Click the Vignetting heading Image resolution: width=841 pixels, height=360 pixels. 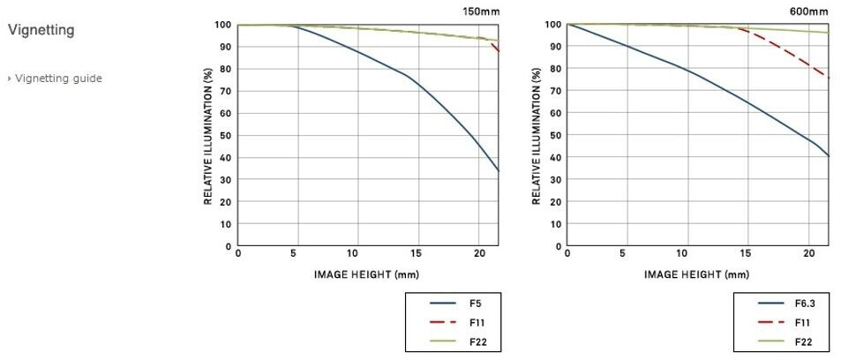click(x=41, y=31)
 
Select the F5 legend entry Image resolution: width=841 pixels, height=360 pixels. click(x=475, y=304)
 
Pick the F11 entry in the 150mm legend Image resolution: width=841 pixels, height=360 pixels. click(x=477, y=323)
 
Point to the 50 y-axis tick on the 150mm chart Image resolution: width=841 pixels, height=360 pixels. click(x=227, y=136)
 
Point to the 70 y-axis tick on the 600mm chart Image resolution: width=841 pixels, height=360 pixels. click(x=556, y=92)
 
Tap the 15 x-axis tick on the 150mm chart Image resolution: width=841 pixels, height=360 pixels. click(x=417, y=254)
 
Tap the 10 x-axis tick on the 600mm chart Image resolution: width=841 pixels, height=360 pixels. click(x=687, y=254)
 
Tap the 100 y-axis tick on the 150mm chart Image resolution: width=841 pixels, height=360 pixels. click(x=224, y=25)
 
